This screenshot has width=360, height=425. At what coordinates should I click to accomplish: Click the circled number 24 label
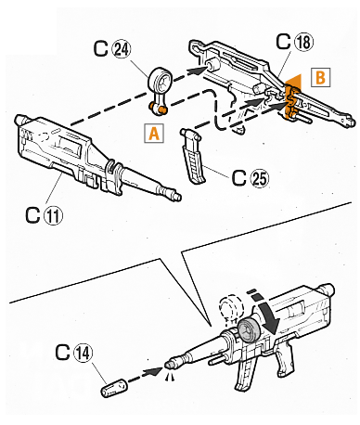(x=122, y=49)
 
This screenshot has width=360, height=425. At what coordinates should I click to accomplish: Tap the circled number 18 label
(x=303, y=42)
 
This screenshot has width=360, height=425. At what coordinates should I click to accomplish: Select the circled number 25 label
(x=259, y=178)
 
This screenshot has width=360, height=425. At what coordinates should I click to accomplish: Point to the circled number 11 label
(x=53, y=214)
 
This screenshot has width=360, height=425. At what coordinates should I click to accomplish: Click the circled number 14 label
(x=83, y=353)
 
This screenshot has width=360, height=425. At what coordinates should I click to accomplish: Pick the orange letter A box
(x=154, y=134)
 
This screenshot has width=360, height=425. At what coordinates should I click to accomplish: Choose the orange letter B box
(x=320, y=77)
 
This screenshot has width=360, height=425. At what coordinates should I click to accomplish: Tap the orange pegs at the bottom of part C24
(x=158, y=108)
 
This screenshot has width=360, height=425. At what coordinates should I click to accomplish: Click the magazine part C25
(x=194, y=155)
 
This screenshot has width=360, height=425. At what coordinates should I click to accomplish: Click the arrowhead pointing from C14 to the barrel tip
(x=155, y=370)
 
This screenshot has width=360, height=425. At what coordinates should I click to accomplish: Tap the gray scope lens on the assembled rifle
(x=250, y=330)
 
